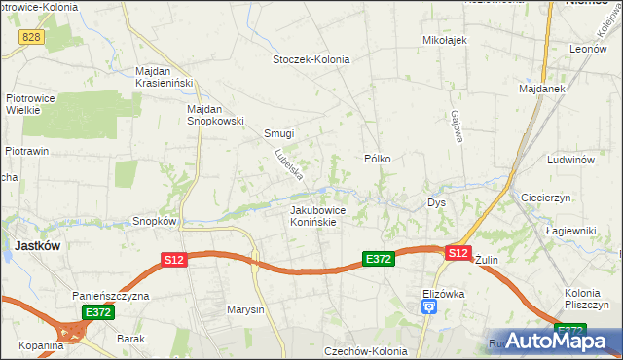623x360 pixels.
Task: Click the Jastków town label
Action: coord(38,246)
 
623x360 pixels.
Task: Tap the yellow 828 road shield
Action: coord(33,35)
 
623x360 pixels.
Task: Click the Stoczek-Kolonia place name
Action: coord(311,59)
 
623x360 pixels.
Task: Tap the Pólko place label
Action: coord(377,158)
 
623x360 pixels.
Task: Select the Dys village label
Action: coord(436,203)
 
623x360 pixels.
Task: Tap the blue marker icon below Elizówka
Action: coord(429,307)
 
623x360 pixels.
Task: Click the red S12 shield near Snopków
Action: coord(173,260)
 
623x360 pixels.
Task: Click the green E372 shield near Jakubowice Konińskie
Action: coord(378,259)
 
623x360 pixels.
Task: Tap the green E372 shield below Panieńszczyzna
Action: coord(97,312)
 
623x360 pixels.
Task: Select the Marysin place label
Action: coord(245,310)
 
